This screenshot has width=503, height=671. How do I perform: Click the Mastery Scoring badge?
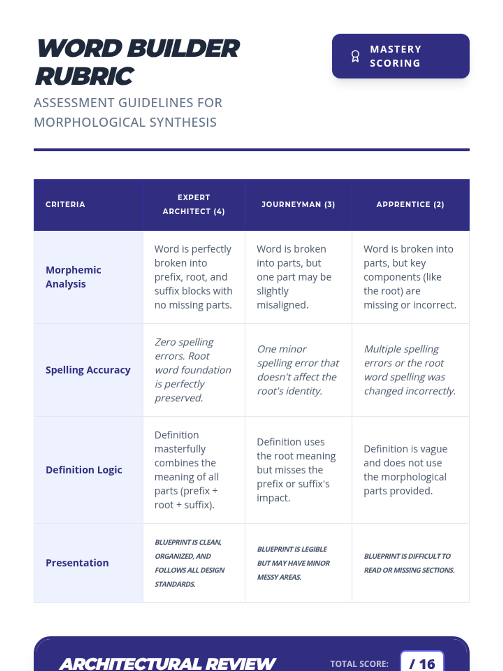(x=400, y=56)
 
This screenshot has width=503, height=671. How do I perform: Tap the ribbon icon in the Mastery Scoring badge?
(x=355, y=56)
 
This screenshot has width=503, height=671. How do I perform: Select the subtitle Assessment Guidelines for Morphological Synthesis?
(x=128, y=112)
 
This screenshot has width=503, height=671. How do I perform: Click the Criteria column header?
(x=65, y=205)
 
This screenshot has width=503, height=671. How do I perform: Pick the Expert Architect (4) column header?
(x=194, y=205)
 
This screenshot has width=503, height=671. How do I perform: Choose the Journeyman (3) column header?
(x=298, y=205)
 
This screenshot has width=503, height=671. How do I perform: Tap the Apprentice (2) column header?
(x=410, y=205)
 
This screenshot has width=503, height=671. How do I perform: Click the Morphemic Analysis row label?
(x=73, y=277)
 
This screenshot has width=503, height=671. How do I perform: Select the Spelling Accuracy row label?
(x=88, y=370)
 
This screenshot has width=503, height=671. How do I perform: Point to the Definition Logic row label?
(x=84, y=470)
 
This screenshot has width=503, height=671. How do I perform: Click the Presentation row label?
(x=77, y=563)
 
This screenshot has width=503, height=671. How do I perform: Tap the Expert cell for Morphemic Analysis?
(x=193, y=277)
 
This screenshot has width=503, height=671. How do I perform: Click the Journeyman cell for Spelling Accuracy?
(x=298, y=370)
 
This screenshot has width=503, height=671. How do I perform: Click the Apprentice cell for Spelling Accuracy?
(x=410, y=370)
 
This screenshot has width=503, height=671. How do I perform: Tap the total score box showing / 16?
(x=422, y=663)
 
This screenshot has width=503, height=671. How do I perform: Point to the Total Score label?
(x=359, y=664)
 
